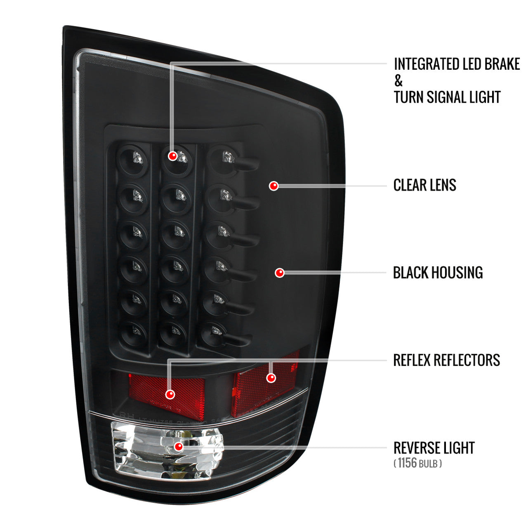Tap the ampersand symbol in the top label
tap(398, 81)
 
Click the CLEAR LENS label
tap(424, 185)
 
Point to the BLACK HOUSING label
tap(438, 273)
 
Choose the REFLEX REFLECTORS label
tap(446, 360)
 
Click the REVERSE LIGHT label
tap(434, 448)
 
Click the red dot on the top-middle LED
tap(173, 156)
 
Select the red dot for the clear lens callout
tap(273, 186)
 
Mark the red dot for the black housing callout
tap(280, 273)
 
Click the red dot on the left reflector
tap(170, 394)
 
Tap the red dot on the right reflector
tap(271, 377)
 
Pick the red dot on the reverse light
tap(179, 446)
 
